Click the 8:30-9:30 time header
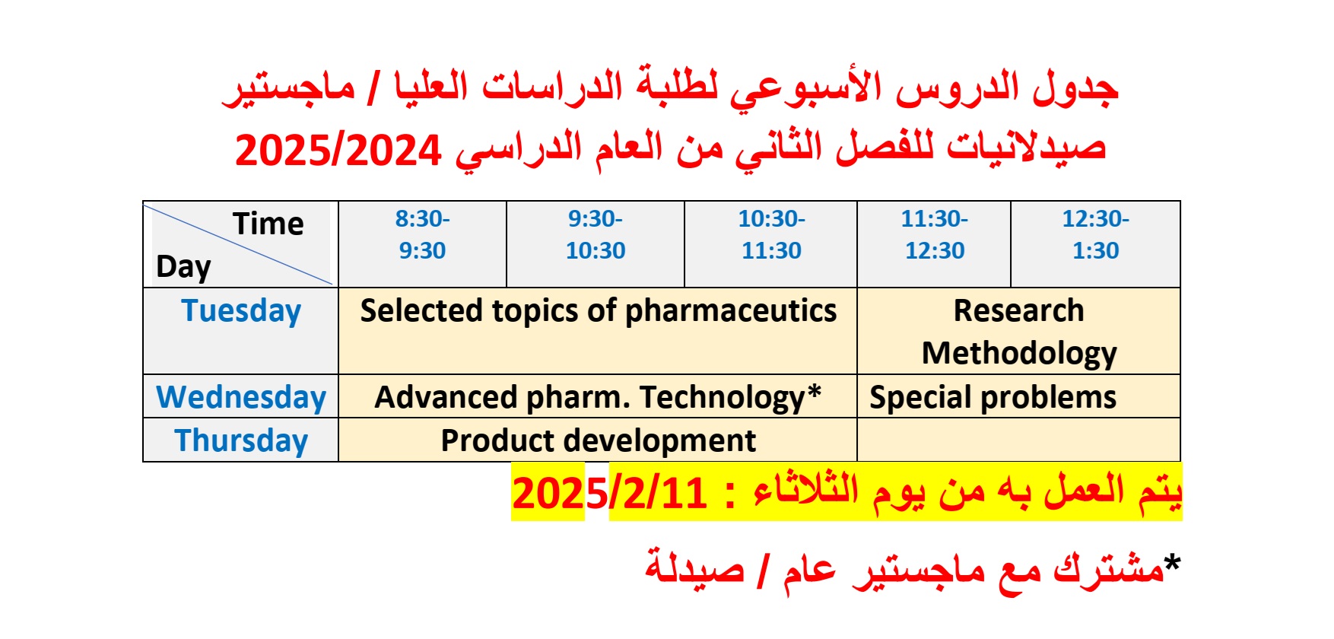point(422,235)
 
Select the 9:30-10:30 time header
point(596,235)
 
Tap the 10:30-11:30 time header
point(771,235)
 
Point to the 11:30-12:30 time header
point(934,235)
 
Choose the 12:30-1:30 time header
point(1095,235)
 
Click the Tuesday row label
point(241,312)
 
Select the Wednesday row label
point(241,398)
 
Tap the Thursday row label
point(241,441)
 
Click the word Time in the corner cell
point(268,224)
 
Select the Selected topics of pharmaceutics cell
point(598,312)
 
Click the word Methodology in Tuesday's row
point(1018,354)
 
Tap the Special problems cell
point(993,398)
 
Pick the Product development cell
point(598,441)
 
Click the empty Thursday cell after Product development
point(1018,440)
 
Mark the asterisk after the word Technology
point(814,393)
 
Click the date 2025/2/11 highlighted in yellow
point(609,494)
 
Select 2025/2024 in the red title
point(338,151)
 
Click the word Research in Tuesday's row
point(1018,311)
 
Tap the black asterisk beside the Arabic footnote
point(1172,564)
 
